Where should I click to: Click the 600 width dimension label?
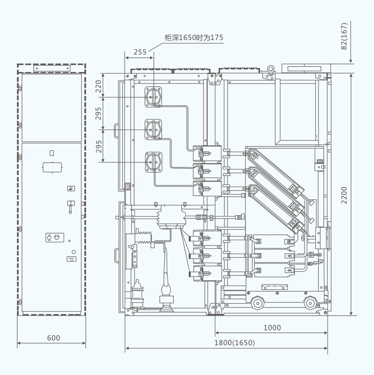pyautogui.click(x=53, y=338)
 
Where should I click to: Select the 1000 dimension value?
pyautogui.click(x=272, y=327)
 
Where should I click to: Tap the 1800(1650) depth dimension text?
pyautogui.click(x=235, y=343)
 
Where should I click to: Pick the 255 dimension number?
pyautogui.click(x=139, y=52)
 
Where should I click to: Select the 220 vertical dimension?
pyautogui.click(x=98, y=87)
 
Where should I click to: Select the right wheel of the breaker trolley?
pyautogui.click(x=309, y=303)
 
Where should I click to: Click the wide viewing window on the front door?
pyautogui.click(x=52, y=166)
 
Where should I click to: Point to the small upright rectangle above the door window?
pyautogui.click(x=52, y=153)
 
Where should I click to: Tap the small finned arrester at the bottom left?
pyautogui.click(x=137, y=292)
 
